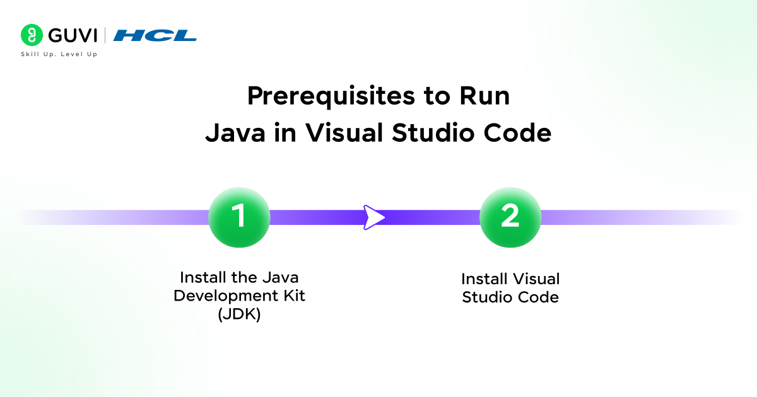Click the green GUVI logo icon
click(x=32, y=35)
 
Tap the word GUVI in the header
click(x=73, y=35)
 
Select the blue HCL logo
click(x=155, y=35)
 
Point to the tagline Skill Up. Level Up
click(x=59, y=54)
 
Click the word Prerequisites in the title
click(x=331, y=97)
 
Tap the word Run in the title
click(x=484, y=96)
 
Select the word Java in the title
click(x=235, y=133)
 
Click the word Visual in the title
click(x=344, y=133)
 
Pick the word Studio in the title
click(x=433, y=133)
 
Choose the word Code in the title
click(x=517, y=133)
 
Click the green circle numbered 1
click(x=239, y=217)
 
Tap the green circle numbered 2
click(x=510, y=217)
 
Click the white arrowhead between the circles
click(x=373, y=217)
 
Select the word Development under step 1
click(x=226, y=296)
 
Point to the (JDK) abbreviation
click(x=239, y=314)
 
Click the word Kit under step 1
click(x=294, y=296)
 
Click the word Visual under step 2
click(x=536, y=279)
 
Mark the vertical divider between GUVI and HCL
click(x=105, y=35)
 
